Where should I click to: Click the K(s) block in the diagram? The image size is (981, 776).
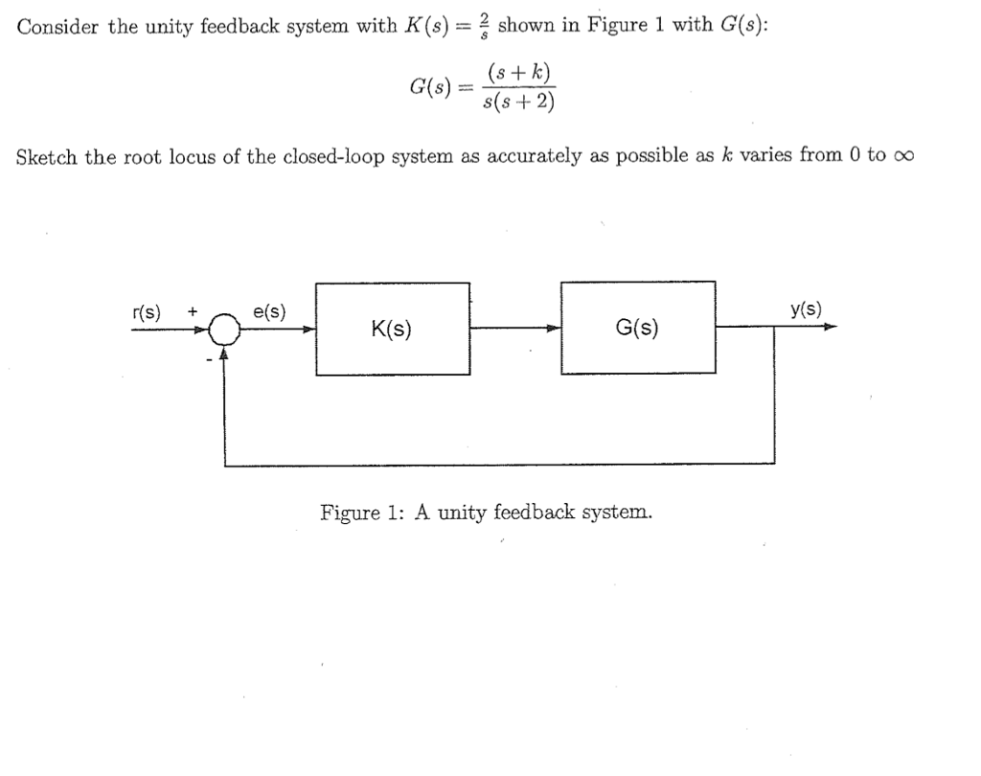[x=392, y=329]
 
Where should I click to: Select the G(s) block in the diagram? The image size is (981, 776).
[x=637, y=329]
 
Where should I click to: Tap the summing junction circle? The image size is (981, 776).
[x=224, y=330]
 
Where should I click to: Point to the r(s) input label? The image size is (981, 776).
[x=147, y=311]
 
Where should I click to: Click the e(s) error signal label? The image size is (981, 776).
[x=268, y=311]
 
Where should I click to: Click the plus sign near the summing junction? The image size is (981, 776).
[x=193, y=311]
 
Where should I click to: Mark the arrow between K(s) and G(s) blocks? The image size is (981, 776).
[x=551, y=329]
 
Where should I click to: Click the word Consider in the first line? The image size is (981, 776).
[x=58, y=26]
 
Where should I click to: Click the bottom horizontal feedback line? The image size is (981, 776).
[x=498, y=465]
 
